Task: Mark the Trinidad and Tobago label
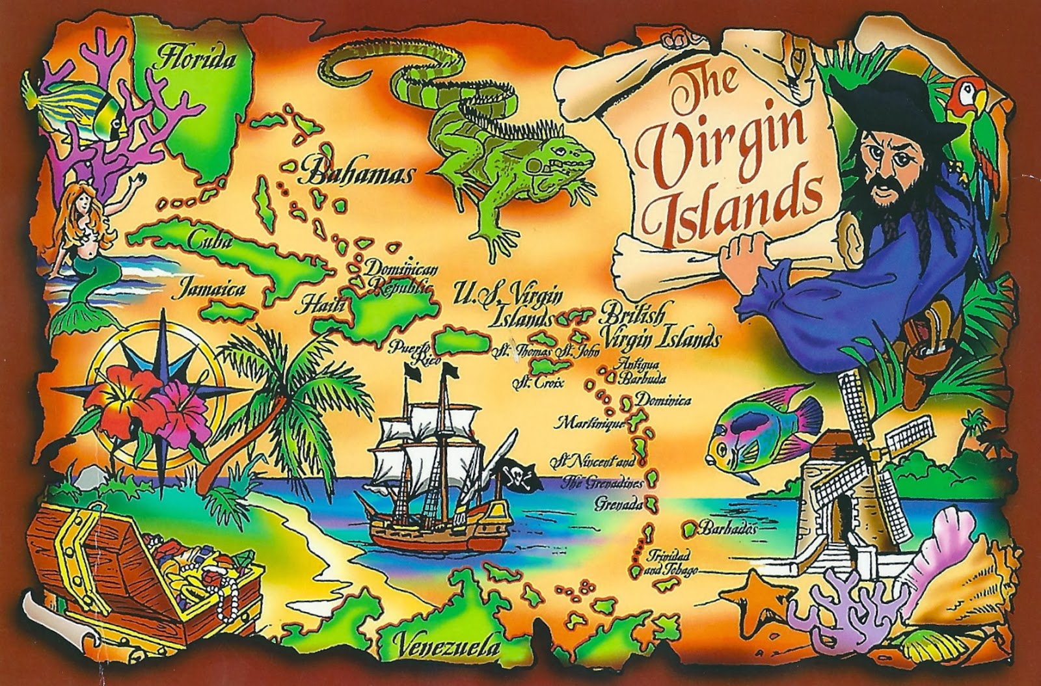(x=670, y=564)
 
